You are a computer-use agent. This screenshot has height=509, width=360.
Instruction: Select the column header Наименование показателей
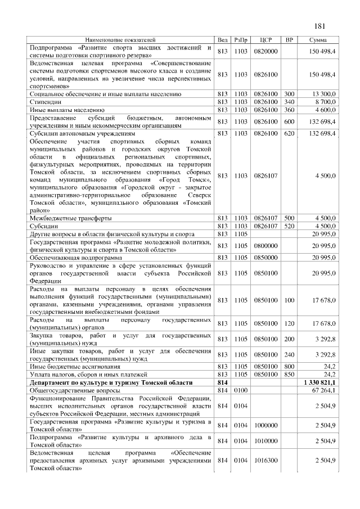(x=120, y=40)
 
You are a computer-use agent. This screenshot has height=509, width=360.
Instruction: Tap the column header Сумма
(x=319, y=40)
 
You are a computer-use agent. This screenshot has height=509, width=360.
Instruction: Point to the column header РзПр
(x=241, y=40)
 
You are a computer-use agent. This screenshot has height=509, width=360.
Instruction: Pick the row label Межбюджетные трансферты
(x=70, y=217)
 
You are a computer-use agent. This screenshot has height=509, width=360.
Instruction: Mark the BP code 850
(x=289, y=373)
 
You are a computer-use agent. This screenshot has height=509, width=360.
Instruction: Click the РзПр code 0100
(x=241, y=390)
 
